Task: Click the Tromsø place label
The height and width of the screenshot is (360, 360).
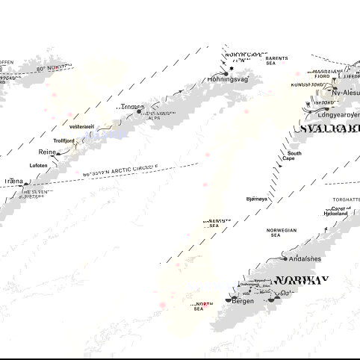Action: [130, 107]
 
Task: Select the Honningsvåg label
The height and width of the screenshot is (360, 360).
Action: [227, 78]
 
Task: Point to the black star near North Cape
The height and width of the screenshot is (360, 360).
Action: [232, 68]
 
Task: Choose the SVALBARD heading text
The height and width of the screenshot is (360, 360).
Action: [329, 128]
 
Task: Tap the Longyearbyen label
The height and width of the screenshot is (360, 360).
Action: [338, 115]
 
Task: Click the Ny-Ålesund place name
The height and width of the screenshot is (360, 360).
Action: [346, 93]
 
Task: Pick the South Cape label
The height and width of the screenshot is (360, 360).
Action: [294, 157]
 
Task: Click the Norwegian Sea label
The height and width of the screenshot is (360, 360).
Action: [282, 233]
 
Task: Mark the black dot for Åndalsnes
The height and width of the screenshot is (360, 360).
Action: [285, 258]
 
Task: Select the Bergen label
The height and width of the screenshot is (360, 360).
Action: [243, 300]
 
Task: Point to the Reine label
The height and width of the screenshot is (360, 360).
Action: [47, 152]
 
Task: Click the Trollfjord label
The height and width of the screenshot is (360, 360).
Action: [64, 140]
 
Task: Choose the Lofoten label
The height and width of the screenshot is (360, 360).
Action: [40, 165]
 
